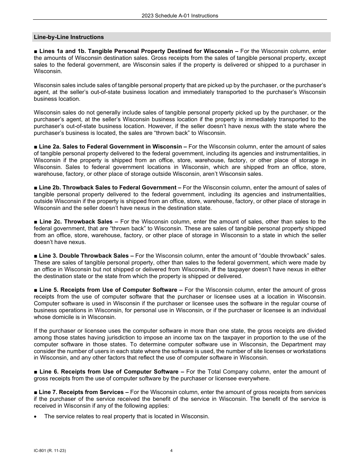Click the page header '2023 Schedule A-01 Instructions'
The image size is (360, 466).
(180, 16)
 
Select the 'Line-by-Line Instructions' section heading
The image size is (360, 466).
(69, 37)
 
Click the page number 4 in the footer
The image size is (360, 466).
(171, 451)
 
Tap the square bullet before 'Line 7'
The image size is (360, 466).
(35, 392)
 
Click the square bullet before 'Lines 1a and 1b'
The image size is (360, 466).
(35, 51)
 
